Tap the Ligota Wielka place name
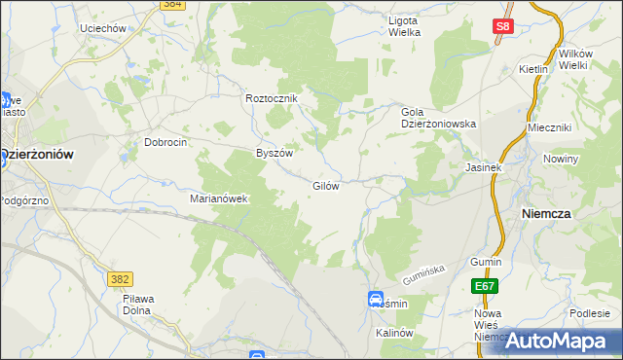point(404,26)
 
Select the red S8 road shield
point(501,28)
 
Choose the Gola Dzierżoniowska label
point(438,118)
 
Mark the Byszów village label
point(274,153)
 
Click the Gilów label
point(325,185)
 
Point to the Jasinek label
point(483,166)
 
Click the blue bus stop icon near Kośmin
point(376,300)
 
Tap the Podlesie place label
point(590,312)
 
